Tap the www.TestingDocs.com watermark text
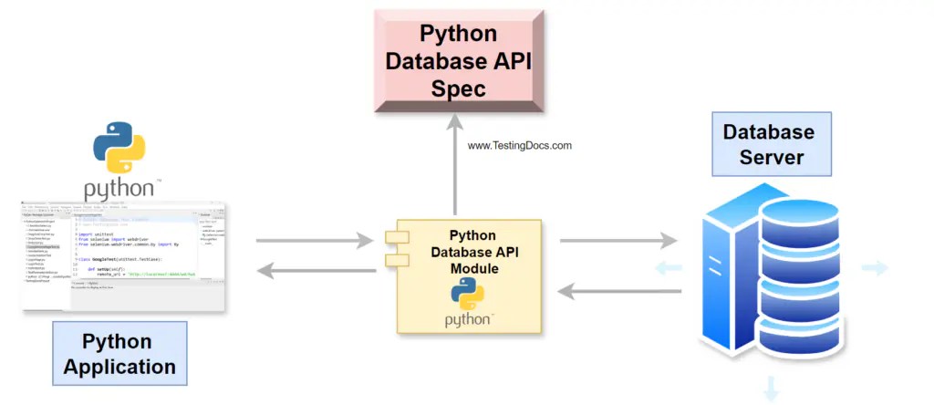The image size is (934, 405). pos(519,145)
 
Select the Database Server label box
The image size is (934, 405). pos(771,144)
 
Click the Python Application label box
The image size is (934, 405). pos(119,355)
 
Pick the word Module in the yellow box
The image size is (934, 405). pos(475,269)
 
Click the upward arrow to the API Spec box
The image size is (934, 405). pos(454,173)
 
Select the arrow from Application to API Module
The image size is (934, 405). pos(315,241)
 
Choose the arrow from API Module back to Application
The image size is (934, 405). pos(315,270)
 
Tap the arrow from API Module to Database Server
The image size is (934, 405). pos(618,241)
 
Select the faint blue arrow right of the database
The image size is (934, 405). pos(875,267)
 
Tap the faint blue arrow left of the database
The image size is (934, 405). pos(668,267)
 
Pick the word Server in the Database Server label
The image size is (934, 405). pos(772,157)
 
